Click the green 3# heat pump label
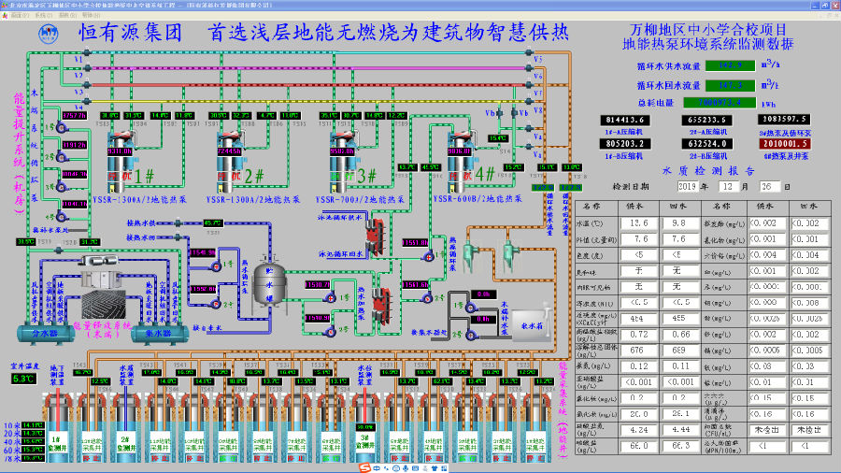(x=364, y=175)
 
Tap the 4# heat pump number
(x=485, y=174)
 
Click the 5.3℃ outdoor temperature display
(x=21, y=379)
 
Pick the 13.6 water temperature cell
(x=639, y=224)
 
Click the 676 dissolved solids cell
(x=639, y=350)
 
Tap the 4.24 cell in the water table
(x=639, y=430)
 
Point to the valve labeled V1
(x=78, y=60)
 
